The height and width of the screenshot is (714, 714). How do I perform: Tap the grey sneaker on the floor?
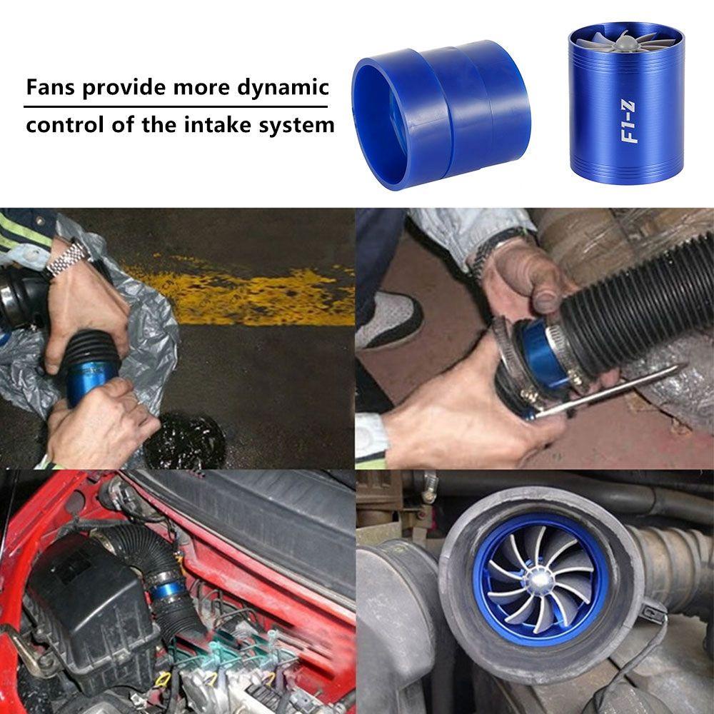[x=389, y=318]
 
